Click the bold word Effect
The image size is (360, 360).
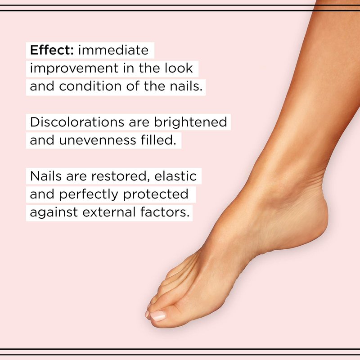click(x=52, y=50)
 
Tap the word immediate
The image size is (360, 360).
click(x=113, y=50)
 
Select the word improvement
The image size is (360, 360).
click(x=74, y=68)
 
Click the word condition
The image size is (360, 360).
click(x=90, y=86)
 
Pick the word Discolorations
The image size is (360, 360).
click(x=77, y=122)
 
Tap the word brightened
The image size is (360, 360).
click(x=190, y=122)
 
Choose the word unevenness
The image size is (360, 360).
click(x=98, y=140)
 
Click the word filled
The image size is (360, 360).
click(x=158, y=140)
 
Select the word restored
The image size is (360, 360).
click(x=119, y=176)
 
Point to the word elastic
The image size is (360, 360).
click(x=175, y=176)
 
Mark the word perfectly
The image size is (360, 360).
click(x=89, y=194)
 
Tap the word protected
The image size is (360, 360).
click(x=156, y=194)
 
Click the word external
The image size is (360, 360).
click(x=109, y=212)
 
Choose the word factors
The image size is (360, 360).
click(x=165, y=212)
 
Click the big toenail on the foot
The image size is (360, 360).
click(x=158, y=315)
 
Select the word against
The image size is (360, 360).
click(x=54, y=212)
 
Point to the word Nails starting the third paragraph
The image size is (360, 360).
click(x=46, y=176)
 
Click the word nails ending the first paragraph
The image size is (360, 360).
click(x=186, y=86)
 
